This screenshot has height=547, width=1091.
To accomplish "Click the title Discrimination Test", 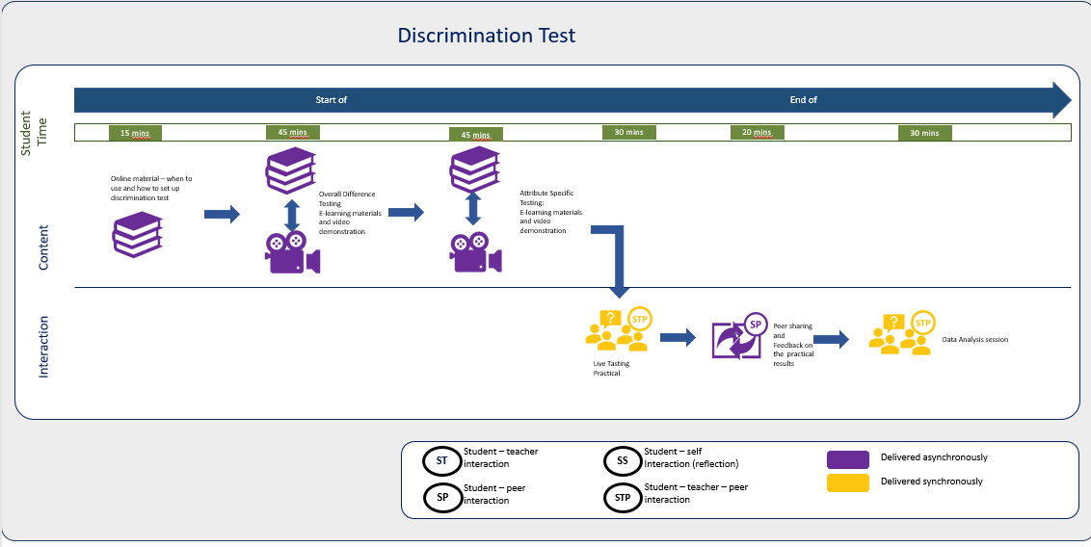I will [x=487, y=36].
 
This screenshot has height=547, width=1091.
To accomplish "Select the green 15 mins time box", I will [x=134, y=133].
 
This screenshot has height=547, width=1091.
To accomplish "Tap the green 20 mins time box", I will [x=757, y=133].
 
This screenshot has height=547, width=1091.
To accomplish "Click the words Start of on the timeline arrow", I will [x=331, y=100].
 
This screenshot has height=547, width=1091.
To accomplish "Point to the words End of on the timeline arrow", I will [x=803, y=100].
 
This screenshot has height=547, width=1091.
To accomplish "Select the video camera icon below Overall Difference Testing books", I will [x=291, y=253].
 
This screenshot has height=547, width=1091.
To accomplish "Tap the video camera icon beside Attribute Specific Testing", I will [x=474, y=253].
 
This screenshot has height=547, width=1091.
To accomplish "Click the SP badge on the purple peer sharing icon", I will [x=756, y=325].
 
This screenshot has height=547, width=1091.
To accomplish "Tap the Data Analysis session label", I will [x=974, y=339].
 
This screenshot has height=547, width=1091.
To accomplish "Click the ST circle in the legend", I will [x=441, y=461].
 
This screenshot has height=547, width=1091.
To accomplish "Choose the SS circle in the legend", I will [x=622, y=461].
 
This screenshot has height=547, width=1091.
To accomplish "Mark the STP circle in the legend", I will [x=622, y=498].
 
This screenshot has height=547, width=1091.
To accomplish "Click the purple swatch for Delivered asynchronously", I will [x=847, y=458].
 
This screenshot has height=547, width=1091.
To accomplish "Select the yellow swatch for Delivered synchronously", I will [x=847, y=482].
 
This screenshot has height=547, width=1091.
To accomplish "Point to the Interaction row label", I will [x=43, y=345].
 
